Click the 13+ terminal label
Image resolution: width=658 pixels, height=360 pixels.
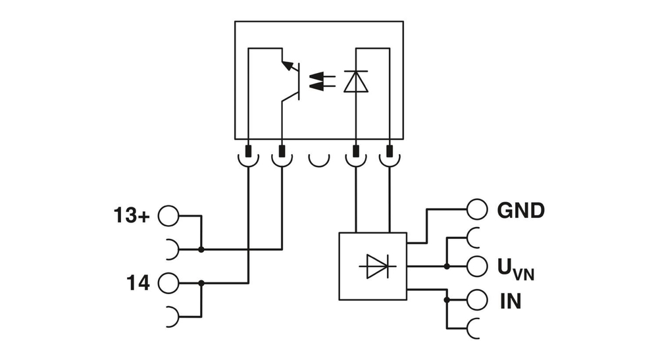[132, 215]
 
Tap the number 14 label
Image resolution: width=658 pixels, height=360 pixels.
[138, 283]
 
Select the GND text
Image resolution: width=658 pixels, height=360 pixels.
[520, 211]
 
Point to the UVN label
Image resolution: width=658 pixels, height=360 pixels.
[515, 269]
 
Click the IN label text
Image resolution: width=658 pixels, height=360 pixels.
[509, 301]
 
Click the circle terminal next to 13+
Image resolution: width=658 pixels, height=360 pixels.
[168, 215]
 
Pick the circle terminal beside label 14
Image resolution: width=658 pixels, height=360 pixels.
[168, 283]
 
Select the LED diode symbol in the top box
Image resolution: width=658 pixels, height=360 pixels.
[356, 81]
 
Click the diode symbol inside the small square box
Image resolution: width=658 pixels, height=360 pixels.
[372, 267]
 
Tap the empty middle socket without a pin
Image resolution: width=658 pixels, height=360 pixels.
[319, 159]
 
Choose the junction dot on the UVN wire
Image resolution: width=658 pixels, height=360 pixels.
[447, 267]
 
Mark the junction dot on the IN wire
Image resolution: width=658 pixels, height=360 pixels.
[447, 300]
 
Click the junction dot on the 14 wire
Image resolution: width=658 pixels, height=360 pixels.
[201, 283]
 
